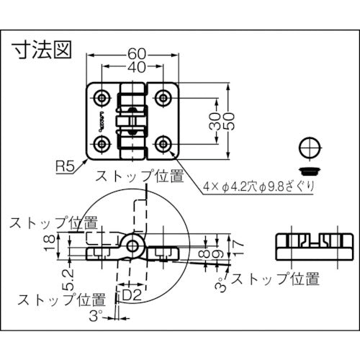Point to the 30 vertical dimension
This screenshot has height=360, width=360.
213,120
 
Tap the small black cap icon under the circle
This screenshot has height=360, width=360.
309,170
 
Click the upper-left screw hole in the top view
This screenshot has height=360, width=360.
102,96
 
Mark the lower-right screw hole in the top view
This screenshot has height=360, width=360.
165,142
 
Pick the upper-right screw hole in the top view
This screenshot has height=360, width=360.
165,96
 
